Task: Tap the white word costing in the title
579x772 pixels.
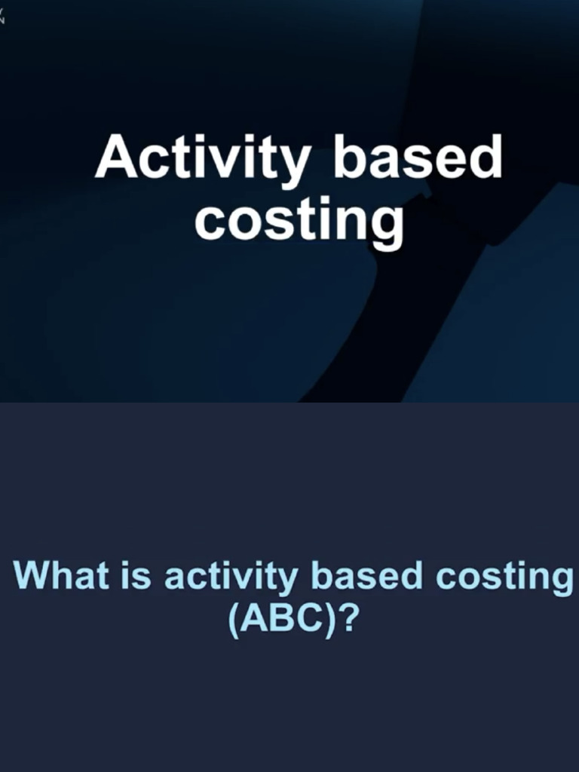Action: (x=299, y=220)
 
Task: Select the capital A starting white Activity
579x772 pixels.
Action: (x=115, y=158)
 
